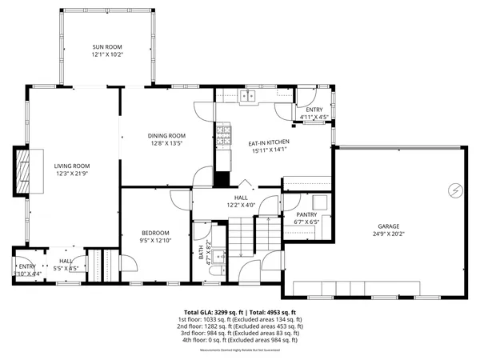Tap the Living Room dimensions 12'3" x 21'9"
[72, 173]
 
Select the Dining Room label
[166, 136]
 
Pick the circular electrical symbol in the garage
[455, 190]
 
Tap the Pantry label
[306, 214]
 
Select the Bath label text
[201, 252]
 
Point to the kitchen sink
[247, 97]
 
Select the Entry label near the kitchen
[314, 110]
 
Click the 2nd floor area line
[240, 326]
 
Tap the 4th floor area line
[240, 340]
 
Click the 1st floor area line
[240, 319]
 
